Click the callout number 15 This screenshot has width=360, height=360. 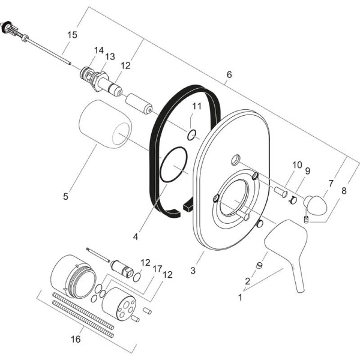coord(72,35)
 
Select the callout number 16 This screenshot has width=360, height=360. coord(76,339)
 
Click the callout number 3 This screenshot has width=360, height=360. coord(193,271)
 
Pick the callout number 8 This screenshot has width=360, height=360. coord(343,191)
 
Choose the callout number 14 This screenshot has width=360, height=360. coord(98,51)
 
